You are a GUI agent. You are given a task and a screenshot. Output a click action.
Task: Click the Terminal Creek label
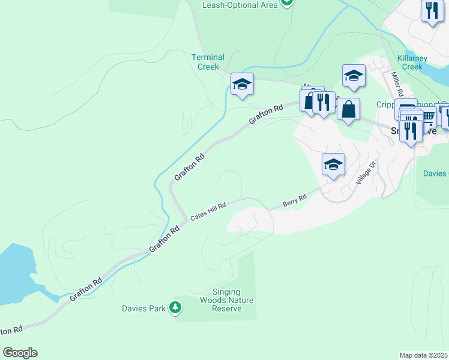(208, 62)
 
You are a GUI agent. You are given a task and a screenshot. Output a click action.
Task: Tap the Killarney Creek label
(412, 62)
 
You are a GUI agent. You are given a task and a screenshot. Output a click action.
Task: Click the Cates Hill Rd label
(208, 212)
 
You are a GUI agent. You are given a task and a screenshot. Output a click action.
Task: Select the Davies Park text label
(143, 308)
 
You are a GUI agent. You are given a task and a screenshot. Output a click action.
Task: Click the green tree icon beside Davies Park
(175, 308)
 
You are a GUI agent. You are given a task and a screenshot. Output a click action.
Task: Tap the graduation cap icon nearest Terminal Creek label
(242, 84)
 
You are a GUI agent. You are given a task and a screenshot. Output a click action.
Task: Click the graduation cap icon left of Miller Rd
(354, 76)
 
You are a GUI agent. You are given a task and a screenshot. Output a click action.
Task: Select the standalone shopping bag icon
(348, 109)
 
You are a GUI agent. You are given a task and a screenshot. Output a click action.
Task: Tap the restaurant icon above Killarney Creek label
(432, 10)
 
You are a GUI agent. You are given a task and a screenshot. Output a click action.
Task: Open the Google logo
(20, 353)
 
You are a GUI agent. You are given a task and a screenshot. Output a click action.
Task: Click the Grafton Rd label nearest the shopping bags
(266, 114)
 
